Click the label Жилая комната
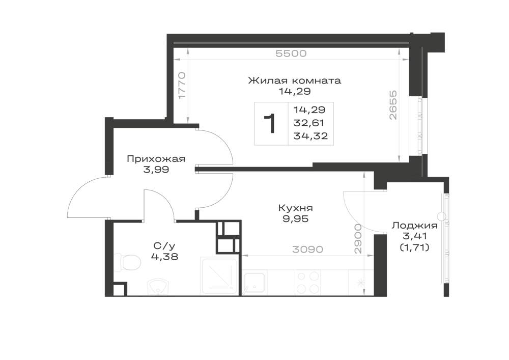click(294, 80)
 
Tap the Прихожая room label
click(156, 159)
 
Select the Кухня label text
click(295, 208)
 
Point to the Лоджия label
click(414, 226)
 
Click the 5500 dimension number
click(291, 53)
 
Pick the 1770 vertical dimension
click(182, 86)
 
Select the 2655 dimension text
click(393, 105)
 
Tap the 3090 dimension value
click(308, 250)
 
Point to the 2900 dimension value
click(358, 239)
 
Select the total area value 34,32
click(310, 136)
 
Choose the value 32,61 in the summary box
click(309, 123)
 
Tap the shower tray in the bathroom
click(219, 276)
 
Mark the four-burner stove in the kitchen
click(308, 283)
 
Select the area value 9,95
click(295, 219)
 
